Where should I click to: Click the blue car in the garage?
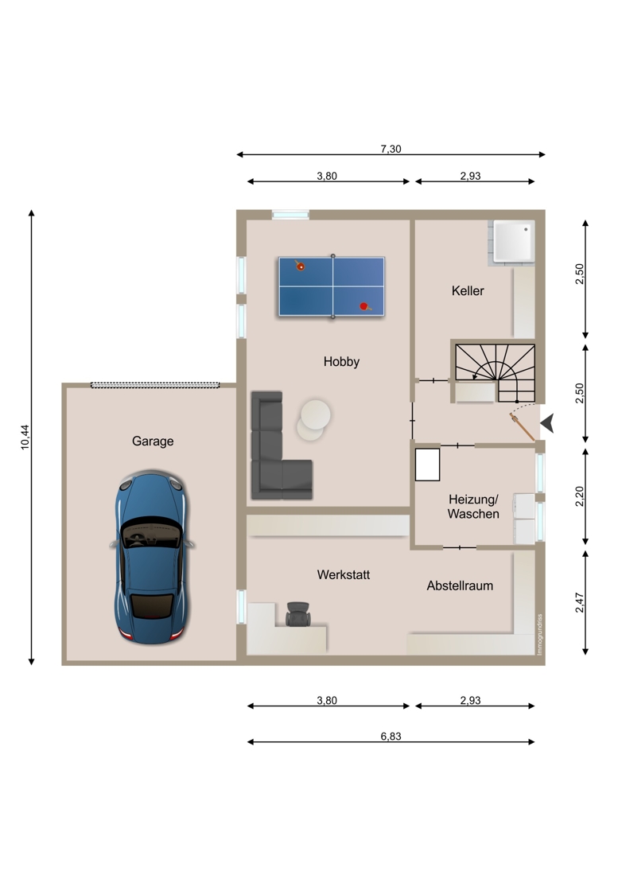152,557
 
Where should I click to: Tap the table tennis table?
332,287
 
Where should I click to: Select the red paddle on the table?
365,306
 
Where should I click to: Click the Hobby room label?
341,362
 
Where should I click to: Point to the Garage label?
153,441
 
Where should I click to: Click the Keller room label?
468,290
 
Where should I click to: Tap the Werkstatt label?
344,575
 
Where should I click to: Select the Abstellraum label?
461,586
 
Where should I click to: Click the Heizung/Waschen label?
473,507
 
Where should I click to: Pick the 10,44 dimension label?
25,437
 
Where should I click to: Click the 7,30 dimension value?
391,149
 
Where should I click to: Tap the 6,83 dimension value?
391,736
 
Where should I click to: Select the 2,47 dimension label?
580,603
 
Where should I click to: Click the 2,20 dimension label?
580,496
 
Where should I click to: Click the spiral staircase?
496,373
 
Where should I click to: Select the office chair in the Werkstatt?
298,614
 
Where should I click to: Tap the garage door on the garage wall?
155,385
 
